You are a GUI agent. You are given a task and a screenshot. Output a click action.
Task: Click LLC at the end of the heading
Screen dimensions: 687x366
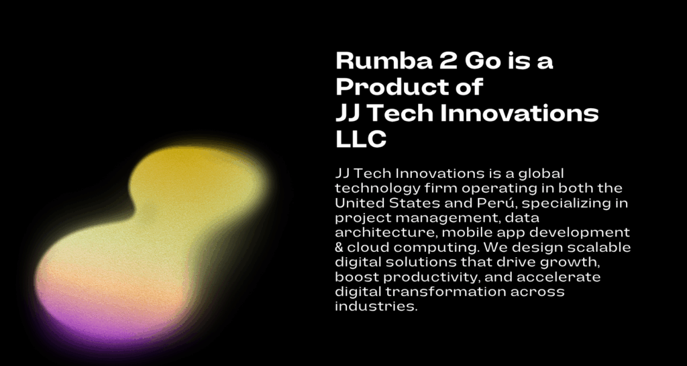pyautogui.click(x=361, y=138)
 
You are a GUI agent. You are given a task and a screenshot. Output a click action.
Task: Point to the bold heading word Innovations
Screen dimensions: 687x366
pyautogui.click(x=519, y=113)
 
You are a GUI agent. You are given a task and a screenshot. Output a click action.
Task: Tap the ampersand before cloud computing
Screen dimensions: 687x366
pyautogui.click(x=339, y=247)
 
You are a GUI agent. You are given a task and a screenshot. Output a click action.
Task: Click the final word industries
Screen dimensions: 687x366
pyautogui.click(x=375, y=306)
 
